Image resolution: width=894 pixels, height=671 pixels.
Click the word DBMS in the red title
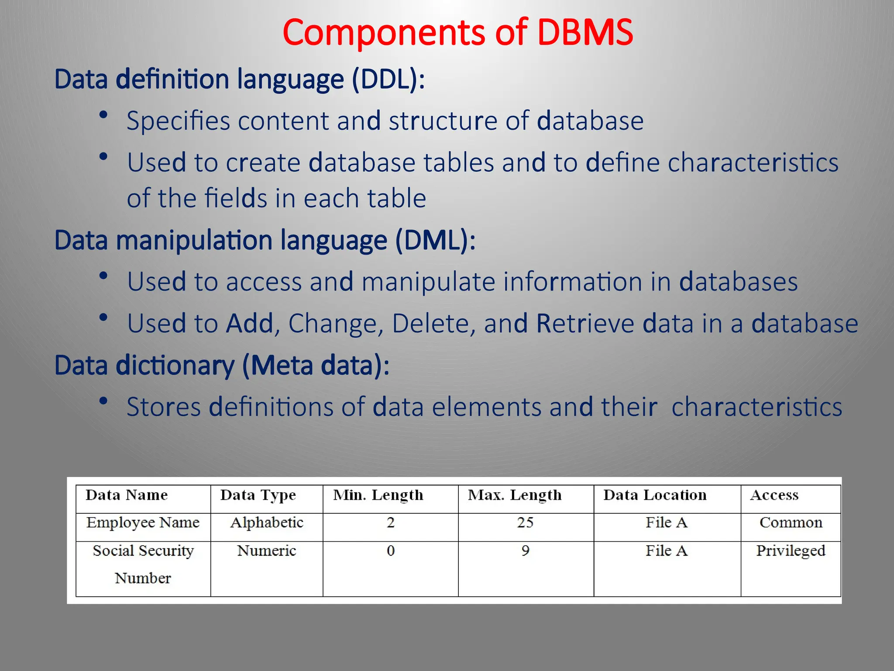coord(585,33)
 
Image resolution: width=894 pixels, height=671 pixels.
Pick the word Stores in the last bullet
coord(164,407)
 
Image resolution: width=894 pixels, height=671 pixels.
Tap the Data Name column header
coord(127,495)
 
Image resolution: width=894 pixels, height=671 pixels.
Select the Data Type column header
coord(258,495)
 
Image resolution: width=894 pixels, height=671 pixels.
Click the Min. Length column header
coord(378,495)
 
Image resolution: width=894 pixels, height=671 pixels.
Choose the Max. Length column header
coord(515,495)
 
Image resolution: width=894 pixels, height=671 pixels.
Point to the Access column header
coord(774,495)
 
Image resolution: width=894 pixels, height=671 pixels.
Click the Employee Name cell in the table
coord(143,522)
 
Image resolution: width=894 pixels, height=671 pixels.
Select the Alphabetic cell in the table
coord(267,522)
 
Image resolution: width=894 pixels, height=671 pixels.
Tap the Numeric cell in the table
coord(267,551)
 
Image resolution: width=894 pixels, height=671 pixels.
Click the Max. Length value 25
coord(525,522)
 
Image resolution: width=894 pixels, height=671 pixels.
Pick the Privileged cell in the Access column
coord(791,551)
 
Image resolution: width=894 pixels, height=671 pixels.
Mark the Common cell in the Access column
coord(791,522)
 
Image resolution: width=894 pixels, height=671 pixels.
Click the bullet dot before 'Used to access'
coord(103,276)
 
